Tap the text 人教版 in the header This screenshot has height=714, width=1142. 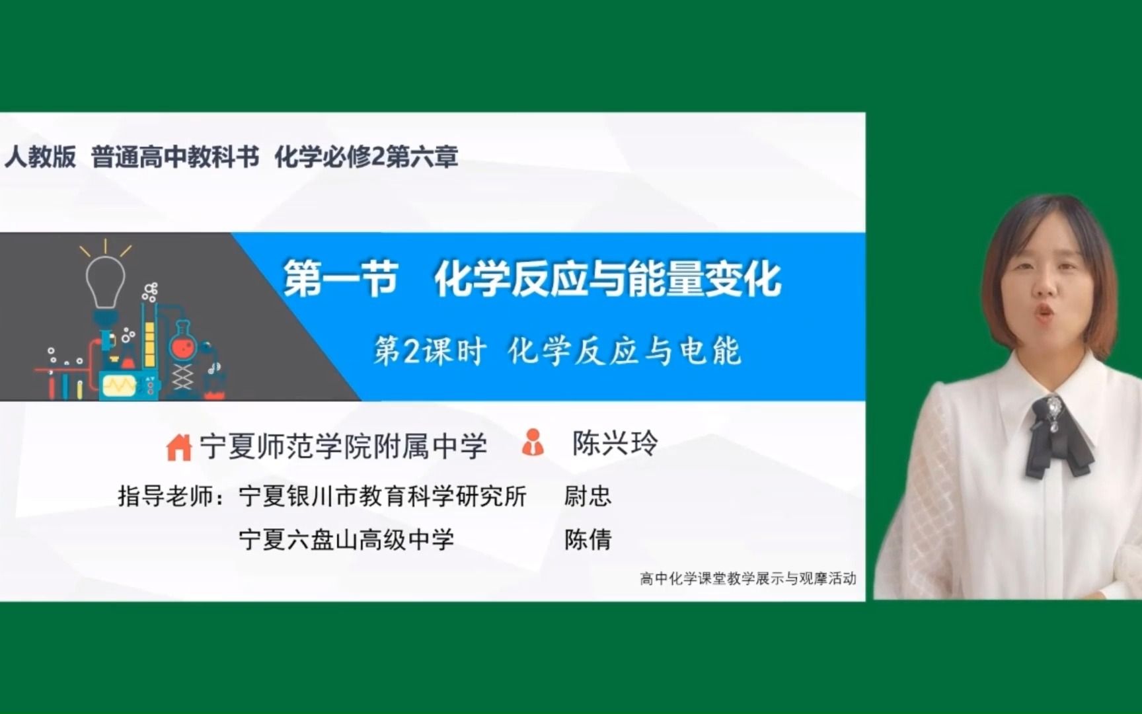40,157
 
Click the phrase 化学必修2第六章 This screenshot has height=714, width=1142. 366,157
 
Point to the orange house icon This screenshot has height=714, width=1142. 178,448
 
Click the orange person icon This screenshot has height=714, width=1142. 533,443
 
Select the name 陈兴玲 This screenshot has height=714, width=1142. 615,444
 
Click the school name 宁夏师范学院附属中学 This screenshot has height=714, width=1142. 344,447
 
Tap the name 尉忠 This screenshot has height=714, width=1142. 588,496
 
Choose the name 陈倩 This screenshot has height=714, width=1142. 588,539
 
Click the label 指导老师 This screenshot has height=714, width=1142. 171,496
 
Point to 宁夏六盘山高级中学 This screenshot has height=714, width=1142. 346,539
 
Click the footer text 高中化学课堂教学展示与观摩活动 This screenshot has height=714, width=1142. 747,578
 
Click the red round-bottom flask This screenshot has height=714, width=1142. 182,344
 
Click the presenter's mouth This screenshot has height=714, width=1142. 1044,313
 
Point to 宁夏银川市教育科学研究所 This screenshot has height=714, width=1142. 383,496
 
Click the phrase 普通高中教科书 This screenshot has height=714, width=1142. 174,157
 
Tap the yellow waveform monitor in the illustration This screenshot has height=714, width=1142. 120,384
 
